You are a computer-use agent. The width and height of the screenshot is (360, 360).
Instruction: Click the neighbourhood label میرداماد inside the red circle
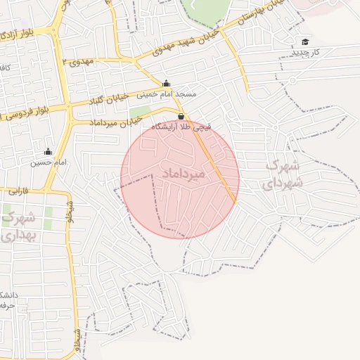click(x=182, y=173)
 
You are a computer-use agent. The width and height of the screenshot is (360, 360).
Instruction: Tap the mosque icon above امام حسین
click(x=48, y=151)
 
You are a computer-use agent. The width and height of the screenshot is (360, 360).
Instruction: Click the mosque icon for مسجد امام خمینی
click(x=166, y=82)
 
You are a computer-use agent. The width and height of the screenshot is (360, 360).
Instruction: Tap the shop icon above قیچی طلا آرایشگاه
click(x=181, y=116)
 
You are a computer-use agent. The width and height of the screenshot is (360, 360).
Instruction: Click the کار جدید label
click(x=307, y=53)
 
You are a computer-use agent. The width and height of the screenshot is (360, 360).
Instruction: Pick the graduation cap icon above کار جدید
click(x=305, y=41)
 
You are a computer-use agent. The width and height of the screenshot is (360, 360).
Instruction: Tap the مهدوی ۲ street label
click(x=77, y=63)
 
